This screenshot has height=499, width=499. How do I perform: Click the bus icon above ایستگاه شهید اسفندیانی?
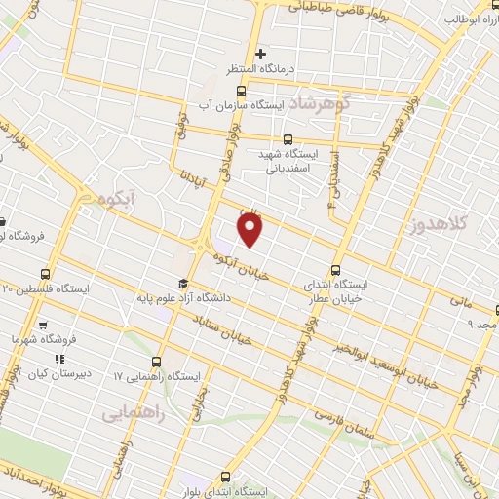click(x=287, y=140)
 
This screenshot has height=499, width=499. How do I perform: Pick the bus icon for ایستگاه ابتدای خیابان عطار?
click(x=337, y=270)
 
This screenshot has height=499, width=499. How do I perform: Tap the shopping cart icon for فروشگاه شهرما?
click(x=42, y=325)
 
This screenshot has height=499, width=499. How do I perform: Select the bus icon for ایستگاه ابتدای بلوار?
click(x=226, y=477)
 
